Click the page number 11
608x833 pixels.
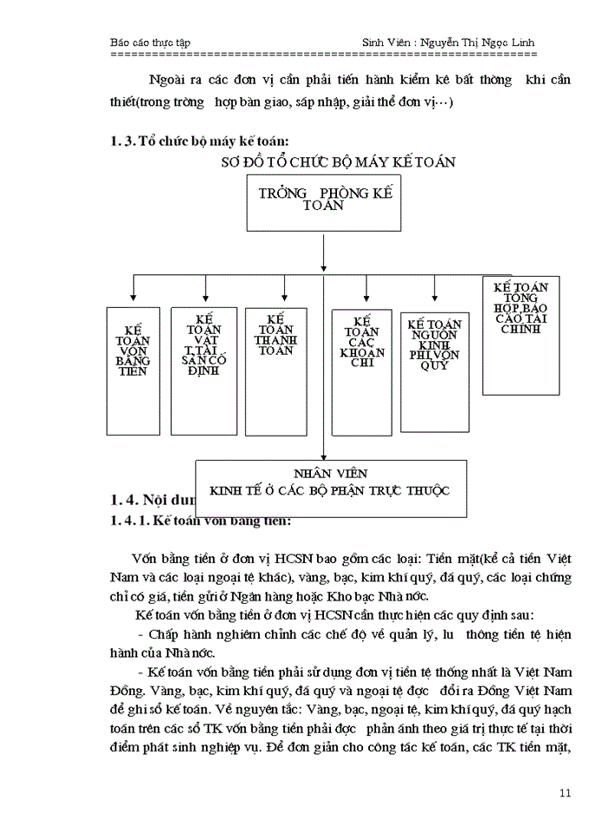point(565,792)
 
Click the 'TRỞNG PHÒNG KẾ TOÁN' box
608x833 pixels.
point(324,201)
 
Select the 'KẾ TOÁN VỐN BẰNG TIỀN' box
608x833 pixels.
point(133,357)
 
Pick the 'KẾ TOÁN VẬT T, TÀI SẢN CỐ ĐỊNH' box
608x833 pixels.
point(204,357)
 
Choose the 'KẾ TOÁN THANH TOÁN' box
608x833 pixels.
point(274,357)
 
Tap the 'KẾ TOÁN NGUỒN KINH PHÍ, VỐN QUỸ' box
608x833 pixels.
point(434,357)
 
